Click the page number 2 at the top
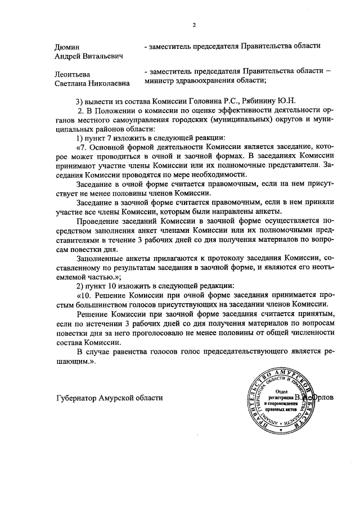tap(194, 25)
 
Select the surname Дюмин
tap(67, 46)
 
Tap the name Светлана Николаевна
tap(92, 83)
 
